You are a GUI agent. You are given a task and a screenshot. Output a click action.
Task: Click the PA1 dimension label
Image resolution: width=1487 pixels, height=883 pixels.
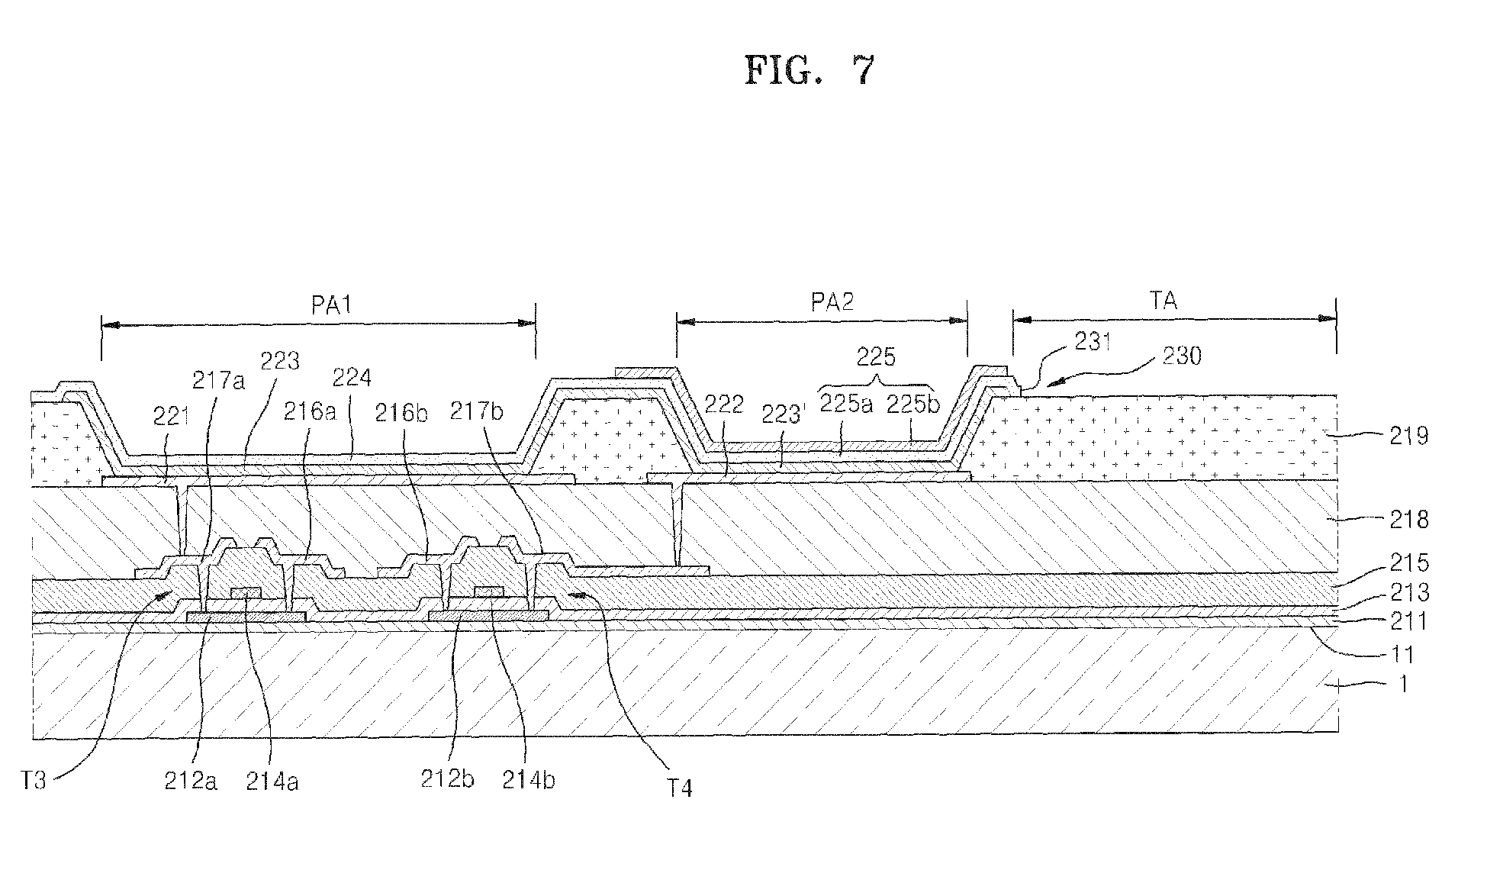tap(331, 306)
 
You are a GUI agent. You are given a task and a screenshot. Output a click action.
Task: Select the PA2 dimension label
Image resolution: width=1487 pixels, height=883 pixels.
tap(831, 303)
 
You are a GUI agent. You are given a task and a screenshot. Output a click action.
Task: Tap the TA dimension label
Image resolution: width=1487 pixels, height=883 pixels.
tap(1163, 301)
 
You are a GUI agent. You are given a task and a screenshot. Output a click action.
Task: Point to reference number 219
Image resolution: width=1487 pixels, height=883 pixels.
tap(1408, 437)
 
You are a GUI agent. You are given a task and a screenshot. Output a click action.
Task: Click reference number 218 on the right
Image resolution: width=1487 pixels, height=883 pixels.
tap(1408, 520)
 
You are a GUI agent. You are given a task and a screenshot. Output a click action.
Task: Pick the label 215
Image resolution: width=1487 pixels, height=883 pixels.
tap(1409, 563)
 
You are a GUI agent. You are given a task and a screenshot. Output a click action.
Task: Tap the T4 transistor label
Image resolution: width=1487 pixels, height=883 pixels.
tap(679, 787)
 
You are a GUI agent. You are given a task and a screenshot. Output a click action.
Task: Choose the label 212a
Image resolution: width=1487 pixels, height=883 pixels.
tap(191, 781)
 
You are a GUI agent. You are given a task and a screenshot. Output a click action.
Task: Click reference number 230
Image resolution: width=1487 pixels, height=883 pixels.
tap(1181, 356)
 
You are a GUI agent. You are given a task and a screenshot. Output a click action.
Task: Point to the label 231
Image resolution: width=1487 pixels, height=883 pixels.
tap(1093, 342)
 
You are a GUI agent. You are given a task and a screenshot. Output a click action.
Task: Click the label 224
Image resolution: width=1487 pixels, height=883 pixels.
tap(352, 378)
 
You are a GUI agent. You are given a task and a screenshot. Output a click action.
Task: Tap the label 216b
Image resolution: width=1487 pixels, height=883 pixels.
tap(401, 413)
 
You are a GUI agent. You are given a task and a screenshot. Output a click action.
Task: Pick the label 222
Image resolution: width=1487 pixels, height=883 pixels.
tap(723, 404)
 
